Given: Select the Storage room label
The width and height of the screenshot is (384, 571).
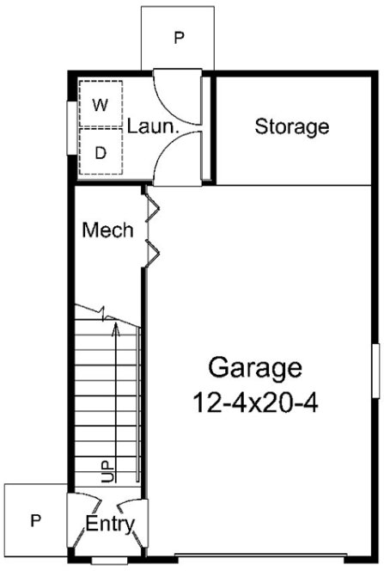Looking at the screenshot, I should pos(292,127).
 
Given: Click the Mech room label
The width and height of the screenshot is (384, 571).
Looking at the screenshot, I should pos(108,230).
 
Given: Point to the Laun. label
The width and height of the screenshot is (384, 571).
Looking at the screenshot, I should pos(152,127).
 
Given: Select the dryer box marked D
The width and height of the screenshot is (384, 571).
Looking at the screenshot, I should pos(101,153).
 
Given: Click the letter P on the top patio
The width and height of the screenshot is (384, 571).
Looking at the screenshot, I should pos(180,38).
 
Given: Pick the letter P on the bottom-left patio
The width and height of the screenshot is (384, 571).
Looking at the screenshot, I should pos(35,519).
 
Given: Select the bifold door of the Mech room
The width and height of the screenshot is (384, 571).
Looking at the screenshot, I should pos(153,228).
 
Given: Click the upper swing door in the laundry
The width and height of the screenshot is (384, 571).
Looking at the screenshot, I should pos(176,95).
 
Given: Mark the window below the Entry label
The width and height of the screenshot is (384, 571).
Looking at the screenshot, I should pos(107,562).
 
